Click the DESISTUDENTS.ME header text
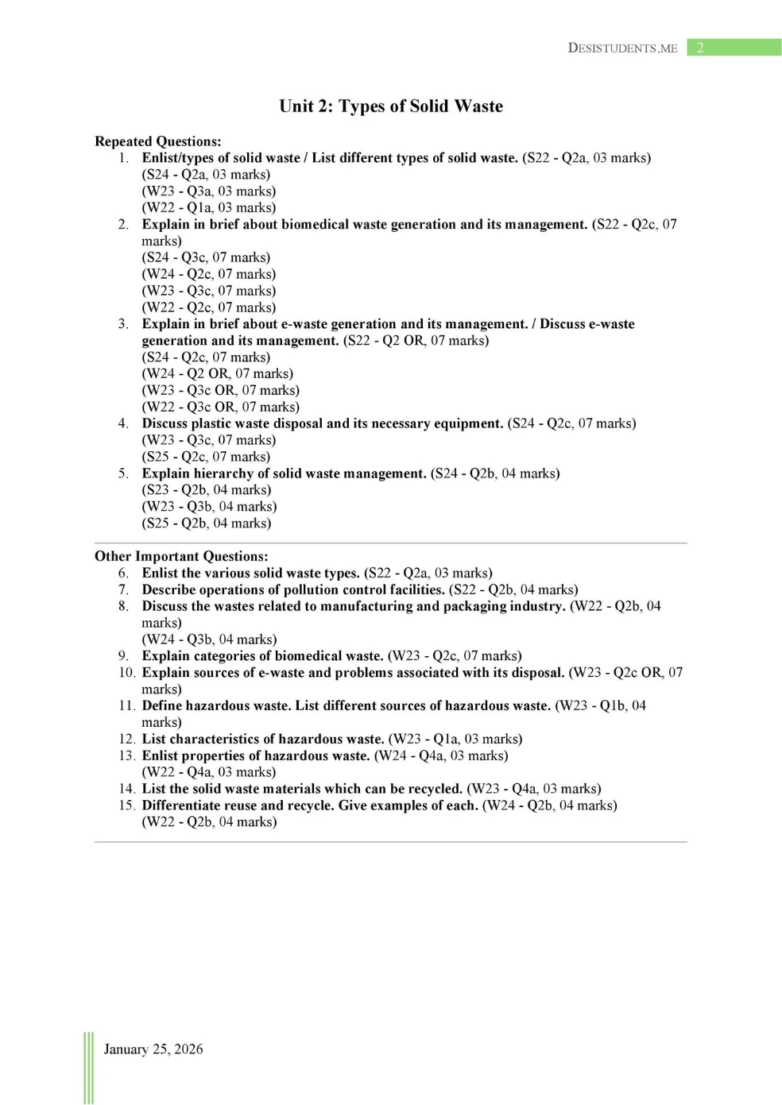(622, 48)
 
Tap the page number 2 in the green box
(700, 48)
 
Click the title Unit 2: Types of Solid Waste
(391, 106)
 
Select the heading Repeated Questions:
(158, 141)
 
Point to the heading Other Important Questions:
(181, 556)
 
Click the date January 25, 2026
(153, 1049)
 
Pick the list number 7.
(123, 589)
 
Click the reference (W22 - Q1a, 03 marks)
(209, 207)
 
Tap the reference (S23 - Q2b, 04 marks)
(207, 490)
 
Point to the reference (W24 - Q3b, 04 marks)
(210, 639)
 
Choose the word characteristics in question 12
(214, 739)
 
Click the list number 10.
(126, 673)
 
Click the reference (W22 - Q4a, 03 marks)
(209, 772)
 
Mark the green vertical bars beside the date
(88, 1068)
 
